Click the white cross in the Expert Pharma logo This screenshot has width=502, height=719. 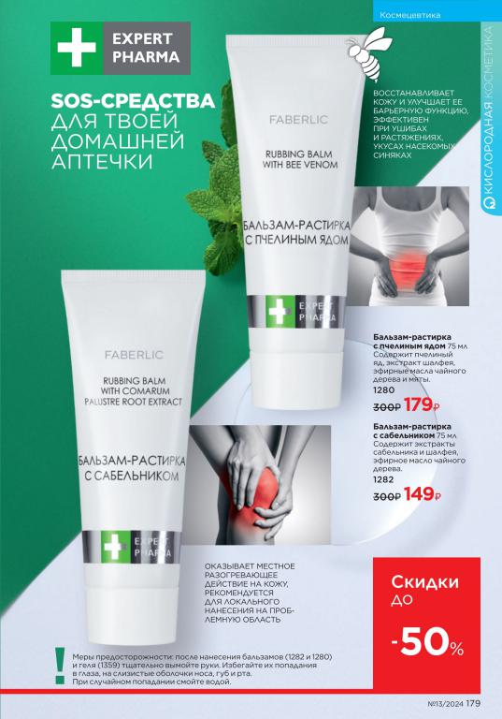(x=77, y=48)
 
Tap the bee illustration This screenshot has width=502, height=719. (x=366, y=52)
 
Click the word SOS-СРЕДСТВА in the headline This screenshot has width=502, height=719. (x=133, y=100)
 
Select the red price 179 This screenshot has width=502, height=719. (x=418, y=404)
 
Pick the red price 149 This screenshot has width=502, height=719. (x=419, y=494)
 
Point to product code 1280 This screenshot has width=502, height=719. (x=383, y=390)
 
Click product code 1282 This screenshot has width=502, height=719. (x=383, y=479)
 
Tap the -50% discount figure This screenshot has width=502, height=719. (x=427, y=645)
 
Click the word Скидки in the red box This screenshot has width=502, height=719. (x=424, y=582)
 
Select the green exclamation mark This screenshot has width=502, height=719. (x=60, y=666)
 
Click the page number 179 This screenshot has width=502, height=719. (x=473, y=703)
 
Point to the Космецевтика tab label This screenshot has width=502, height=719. (x=410, y=15)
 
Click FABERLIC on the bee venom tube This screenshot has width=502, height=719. (x=298, y=120)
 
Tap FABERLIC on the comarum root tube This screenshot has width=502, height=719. (x=134, y=355)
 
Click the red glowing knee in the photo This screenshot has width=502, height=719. (x=261, y=493)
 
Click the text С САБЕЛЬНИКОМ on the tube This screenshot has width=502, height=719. (x=133, y=476)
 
